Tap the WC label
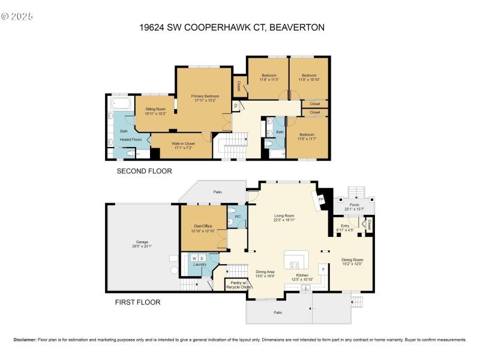pos(238,216)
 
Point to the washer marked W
pos(194,259)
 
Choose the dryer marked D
pos(202,259)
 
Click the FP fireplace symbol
pos(320,199)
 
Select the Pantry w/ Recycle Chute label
pos(238,285)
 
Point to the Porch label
pos(359,204)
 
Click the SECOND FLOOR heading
pos(145,171)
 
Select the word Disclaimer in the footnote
pos(25,340)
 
